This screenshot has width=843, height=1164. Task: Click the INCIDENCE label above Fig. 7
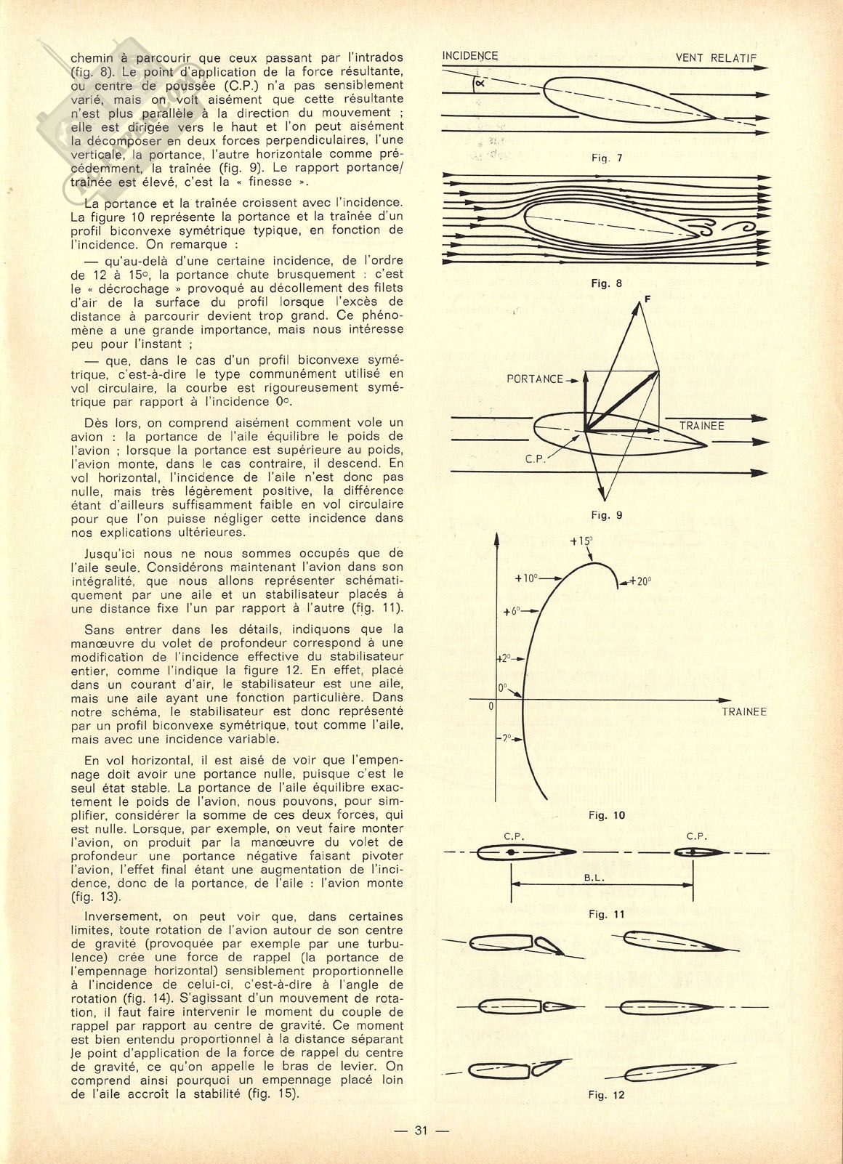[470, 56]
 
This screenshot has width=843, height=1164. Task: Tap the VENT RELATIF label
[716, 58]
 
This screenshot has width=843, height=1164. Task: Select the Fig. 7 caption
[607, 158]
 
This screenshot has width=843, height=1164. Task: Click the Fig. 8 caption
[606, 283]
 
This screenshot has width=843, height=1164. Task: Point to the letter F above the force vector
[647, 298]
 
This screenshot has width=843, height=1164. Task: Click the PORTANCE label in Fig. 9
[535, 379]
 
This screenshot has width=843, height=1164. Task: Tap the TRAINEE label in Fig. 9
[701, 426]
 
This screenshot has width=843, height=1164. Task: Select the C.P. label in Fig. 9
[535, 460]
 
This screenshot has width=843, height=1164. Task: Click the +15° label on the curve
[581, 541]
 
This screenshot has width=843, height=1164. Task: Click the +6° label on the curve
[512, 612]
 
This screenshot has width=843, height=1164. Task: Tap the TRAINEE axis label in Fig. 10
[744, 712]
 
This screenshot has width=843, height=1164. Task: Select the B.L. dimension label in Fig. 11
[594, 878]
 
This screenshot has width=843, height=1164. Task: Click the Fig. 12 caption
[606, 1095]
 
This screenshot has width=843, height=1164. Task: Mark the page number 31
[421, 1131]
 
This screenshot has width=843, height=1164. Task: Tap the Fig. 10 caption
[606, 815]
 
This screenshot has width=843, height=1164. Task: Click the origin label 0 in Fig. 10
[491, 706]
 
